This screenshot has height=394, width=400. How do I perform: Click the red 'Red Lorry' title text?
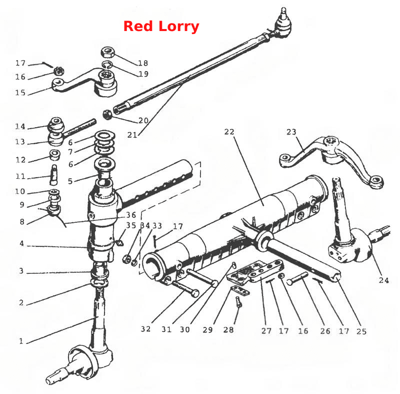point(161,27)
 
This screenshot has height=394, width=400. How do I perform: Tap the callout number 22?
point(229,132)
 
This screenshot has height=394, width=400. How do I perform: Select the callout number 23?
point(291,132)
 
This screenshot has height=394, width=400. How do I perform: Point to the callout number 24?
point(383,280)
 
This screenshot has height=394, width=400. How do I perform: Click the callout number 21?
point(132,135)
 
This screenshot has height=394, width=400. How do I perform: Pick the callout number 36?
point(131,215)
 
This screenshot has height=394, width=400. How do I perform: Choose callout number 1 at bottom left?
point(21,341)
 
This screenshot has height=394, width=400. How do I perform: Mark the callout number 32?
point(145,329)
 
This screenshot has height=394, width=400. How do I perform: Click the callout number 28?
point(228,329)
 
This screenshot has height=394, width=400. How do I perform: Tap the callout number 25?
point(361,331)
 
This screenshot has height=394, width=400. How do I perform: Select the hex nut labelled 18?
point(108,53)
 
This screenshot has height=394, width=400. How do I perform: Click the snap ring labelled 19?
point(107,65)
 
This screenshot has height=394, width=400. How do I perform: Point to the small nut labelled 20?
point(107,115)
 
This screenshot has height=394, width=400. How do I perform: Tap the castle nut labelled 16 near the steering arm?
point(59,71)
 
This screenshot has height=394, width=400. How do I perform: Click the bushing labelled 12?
point(54,155)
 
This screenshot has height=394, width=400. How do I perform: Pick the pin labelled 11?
point(54,175)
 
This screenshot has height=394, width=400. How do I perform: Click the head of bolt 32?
point(195,293)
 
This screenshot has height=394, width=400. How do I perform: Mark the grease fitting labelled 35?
point(119,243)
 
